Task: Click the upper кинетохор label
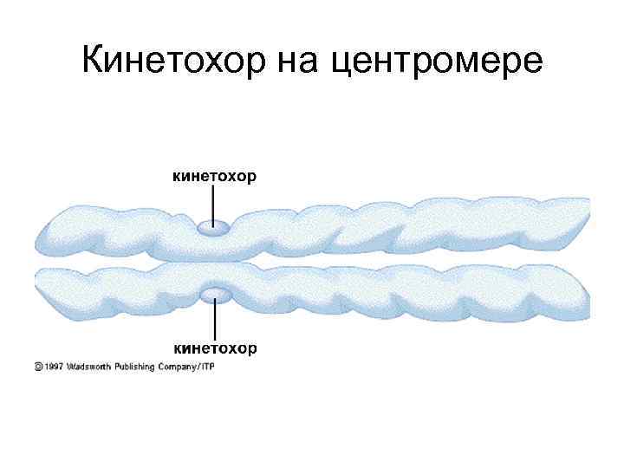[215, 178]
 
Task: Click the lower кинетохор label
[215, 348]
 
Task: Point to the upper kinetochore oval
[213, 228]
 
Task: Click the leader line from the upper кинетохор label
[213, 203]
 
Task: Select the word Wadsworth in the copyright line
[91, 367]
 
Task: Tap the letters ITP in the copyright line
[208, 367]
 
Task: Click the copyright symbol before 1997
[38, 367]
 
